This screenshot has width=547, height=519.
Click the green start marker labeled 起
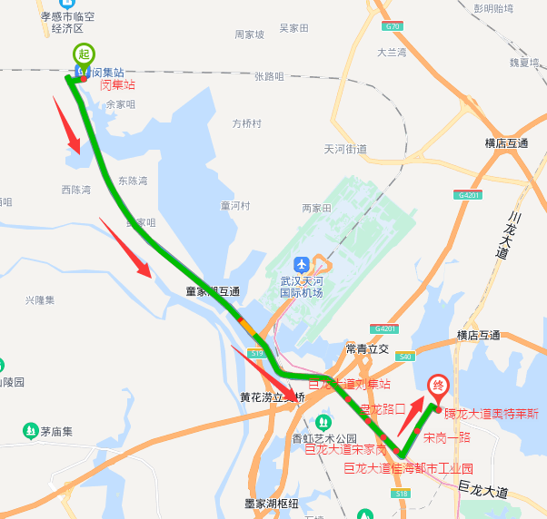pyautogui.click(x=84, y=54)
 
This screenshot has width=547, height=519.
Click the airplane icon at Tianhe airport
pyautogui.click(x=301, y=264)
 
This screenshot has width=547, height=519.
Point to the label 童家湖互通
pyautogui.click(x=213, y=291)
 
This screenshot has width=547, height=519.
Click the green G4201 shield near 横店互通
pyautogui.click(x=469, y=195)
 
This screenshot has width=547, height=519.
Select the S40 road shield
pyautogui.click(x=404, y=357)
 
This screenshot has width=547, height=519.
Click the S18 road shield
pyautogui.click(x=401, y=493)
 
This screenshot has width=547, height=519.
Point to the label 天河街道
pyautogui.click(x=345, y=149)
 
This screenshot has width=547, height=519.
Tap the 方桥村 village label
pyautogui.click(x=246, y=123)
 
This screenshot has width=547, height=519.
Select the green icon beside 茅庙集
pyautogui.click(x=31, y=430)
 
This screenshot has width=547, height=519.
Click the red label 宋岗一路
pyautogui.click(x=447, y=437)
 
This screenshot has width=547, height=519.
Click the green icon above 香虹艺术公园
pyautogui.click(x=323, y=422)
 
